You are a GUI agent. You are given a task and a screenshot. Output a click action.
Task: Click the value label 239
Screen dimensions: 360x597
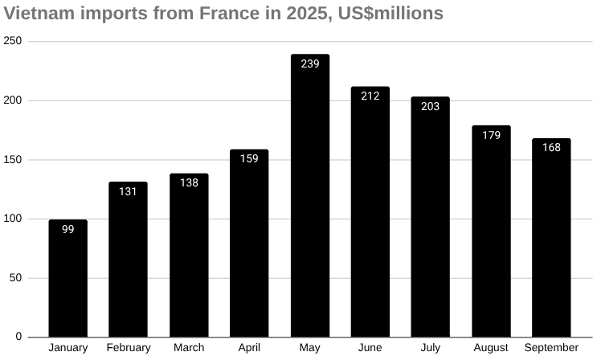[309, 63]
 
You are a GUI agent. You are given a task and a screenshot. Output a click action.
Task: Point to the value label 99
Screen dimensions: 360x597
[68, 229]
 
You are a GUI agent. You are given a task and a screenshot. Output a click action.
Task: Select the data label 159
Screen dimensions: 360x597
[249, 158]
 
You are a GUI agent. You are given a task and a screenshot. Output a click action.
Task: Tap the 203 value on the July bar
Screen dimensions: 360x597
[430, 106]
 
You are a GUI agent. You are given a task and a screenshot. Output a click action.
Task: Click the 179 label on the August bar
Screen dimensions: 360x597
[491, 135]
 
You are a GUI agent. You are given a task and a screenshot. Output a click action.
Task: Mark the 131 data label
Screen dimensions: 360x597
[129, 191]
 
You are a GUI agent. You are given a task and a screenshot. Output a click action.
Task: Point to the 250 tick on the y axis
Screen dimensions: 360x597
[13, 41]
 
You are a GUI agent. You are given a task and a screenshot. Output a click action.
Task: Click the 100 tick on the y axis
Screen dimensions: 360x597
[13, 219]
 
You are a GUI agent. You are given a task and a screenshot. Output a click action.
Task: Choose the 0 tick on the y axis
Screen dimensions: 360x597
[18, 337]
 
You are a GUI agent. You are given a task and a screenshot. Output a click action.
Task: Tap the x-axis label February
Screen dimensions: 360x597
[129, 348]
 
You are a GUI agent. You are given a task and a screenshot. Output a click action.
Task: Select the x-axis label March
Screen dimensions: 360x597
[189, 348]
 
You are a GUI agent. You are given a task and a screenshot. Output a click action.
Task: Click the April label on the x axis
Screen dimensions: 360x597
[249, 348]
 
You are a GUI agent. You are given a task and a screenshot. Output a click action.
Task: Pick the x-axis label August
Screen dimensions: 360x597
[491, 348]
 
